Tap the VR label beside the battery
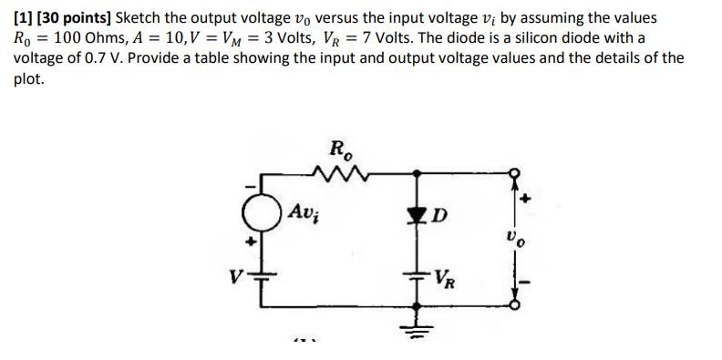446,276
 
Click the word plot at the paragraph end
27,78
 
